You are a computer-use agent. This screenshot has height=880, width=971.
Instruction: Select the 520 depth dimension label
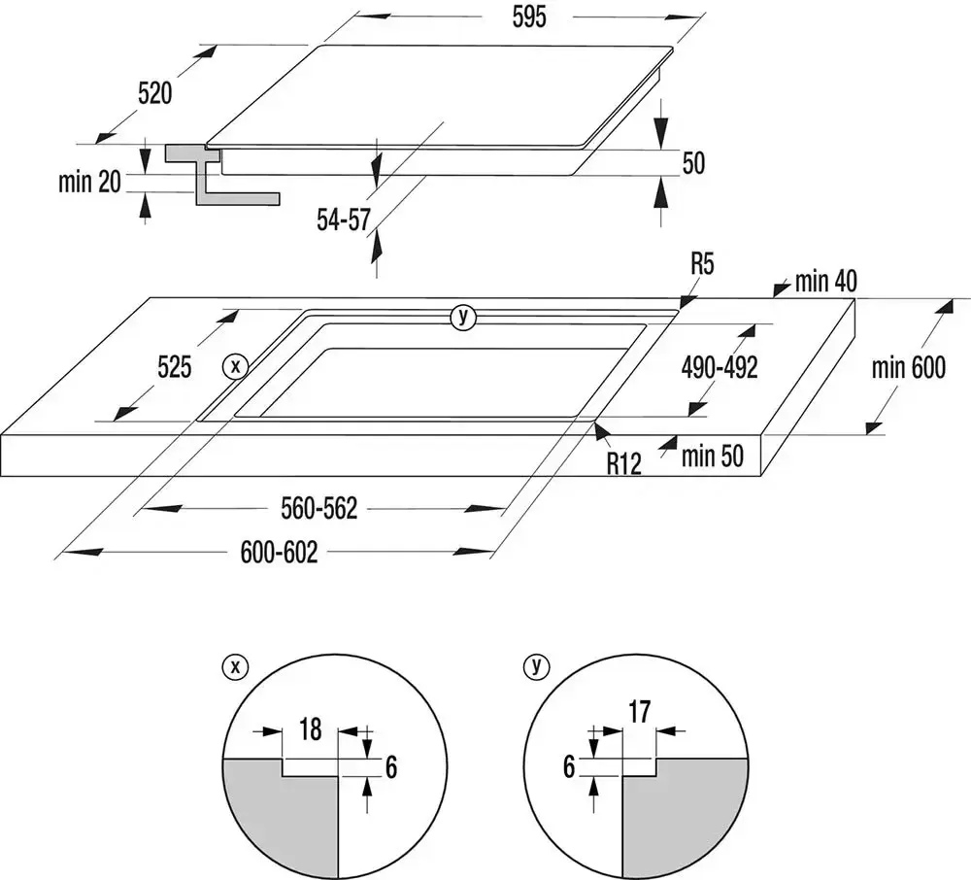pyautogui.click(x=155, y=93)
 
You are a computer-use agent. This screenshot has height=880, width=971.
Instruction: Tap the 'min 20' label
pyautogui.click(x=88, y=181)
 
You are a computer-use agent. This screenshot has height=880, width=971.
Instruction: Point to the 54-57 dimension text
pyautogui.click(x=344, y=220)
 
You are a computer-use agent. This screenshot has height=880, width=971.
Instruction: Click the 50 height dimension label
pyautogui.click(x=692, y=163)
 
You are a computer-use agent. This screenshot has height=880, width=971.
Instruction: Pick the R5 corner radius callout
pyautogui.click(x=703, y=263)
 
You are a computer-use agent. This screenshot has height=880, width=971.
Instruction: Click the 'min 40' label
pyautogui.click(x=825, y=282)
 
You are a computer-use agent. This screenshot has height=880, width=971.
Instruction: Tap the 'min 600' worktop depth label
pyautogui.click(x=908, y=368)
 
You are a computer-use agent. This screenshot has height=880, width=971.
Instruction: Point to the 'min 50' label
pyautogui.click(x=713, y=456)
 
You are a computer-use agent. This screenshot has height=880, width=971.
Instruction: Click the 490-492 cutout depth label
pyautogui.click(x=720, y=368)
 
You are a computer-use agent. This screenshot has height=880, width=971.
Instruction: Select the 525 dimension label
pyautogui.click(x=175, y=367)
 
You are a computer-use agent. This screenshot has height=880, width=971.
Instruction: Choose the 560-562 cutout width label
pyautogui.click(x=319, y=508)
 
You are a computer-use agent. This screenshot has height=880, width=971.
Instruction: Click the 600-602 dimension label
pyautogui.click(x=280, y=552)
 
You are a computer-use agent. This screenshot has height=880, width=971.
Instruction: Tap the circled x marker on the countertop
pyautogui.click(x=234, y=366)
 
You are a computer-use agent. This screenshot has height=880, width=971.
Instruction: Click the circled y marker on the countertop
pyautogui.click(x=464, y=316)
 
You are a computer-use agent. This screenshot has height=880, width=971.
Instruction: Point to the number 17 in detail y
pyautogui.click(x=639, y=712)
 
